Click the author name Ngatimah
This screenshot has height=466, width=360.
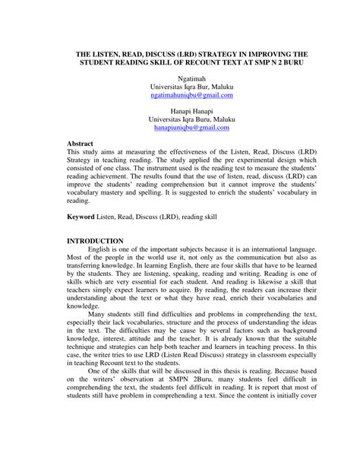[191, 78]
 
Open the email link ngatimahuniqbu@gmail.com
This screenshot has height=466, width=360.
[191, 97]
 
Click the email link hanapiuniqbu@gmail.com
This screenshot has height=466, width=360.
[191, 129]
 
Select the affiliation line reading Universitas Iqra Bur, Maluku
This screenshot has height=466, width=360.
[191, 87]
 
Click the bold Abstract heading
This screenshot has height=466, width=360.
[81, 143]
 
